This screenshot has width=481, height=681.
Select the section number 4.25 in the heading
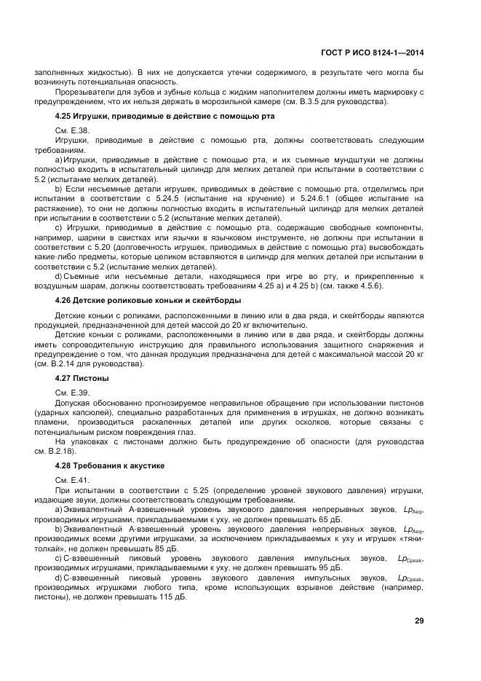pos(64,117)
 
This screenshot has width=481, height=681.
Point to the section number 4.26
pos(64,300)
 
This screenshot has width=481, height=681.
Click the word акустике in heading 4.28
pos(148,465)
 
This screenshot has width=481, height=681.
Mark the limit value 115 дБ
pos(171,597)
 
